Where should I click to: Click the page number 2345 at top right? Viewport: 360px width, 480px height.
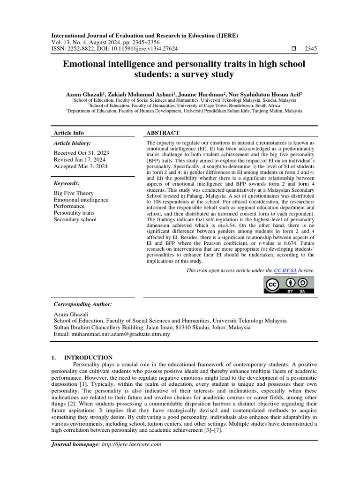click(311, 49)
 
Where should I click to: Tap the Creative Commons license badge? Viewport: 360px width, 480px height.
click(290, 285)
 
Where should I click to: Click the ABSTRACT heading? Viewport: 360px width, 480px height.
click(163, 133)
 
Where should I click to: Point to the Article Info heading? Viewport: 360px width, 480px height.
click(68, 133)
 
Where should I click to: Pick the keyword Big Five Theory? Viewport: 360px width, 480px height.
click(74, 193)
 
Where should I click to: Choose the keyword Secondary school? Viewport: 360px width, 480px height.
click(75, 219)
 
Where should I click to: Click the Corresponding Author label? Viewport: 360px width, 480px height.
click(82, 304)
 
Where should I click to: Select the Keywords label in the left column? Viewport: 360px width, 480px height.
click(67, 183)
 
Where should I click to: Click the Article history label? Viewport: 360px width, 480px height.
click(72, 143)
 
